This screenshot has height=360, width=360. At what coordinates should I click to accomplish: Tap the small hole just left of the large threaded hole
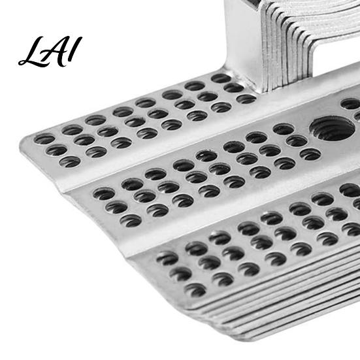[x=284, y=129]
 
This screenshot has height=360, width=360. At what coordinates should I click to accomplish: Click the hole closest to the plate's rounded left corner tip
[x=44, y=139]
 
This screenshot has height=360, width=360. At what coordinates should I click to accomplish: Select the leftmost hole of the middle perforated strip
[x=104, y=193]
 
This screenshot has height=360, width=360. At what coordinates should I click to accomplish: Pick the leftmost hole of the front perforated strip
[x=167, y=258]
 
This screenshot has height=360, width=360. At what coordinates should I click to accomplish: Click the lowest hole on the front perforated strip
[x=195, y=290]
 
